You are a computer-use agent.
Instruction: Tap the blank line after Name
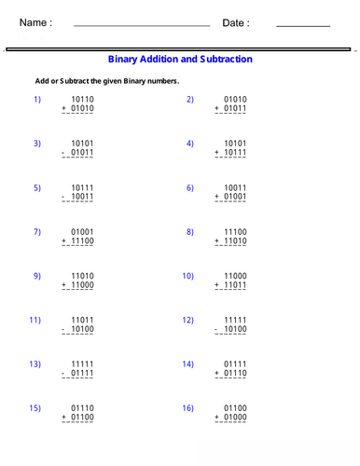tap(141, 26)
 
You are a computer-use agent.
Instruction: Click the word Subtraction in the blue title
tap(222, 59)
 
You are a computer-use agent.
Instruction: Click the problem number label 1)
tap(37, 99)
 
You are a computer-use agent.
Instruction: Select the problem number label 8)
tap(189, 232)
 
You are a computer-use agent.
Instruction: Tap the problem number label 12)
tap(187, 321)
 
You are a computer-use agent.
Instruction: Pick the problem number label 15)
tap(35, 408)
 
